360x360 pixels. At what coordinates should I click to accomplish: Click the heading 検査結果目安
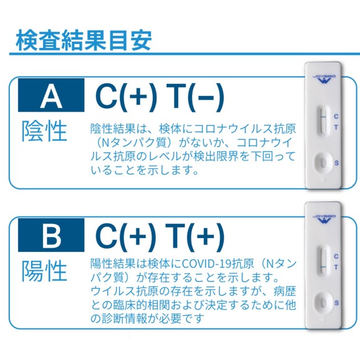84,40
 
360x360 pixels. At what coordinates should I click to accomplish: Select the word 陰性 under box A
44,131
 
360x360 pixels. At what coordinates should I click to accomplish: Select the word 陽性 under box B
44,271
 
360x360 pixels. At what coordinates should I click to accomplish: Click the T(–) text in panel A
195,97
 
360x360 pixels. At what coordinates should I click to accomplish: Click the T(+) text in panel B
195,237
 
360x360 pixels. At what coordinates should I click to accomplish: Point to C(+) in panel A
126,97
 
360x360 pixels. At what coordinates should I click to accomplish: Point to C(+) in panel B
126,237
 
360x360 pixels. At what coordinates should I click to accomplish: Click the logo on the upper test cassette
324,79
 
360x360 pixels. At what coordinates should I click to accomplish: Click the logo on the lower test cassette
324,219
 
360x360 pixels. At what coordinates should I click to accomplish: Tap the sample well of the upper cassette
323,163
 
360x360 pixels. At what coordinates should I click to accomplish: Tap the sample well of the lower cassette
323,303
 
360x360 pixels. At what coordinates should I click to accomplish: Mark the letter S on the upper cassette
336,163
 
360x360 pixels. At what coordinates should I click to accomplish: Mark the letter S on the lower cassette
336,303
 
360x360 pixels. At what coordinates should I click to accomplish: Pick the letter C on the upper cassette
336,116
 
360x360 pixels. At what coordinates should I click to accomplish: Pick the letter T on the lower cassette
336,268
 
